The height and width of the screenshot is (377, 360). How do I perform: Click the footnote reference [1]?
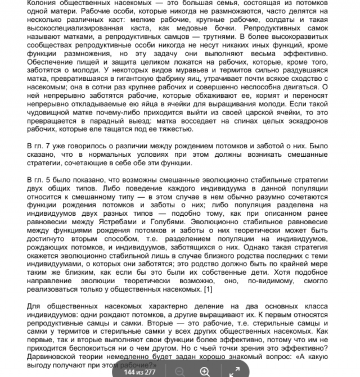point(207,289)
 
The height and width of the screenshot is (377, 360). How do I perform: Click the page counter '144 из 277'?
point(139,371)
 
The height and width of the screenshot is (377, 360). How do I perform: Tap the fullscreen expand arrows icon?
point(234,371)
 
